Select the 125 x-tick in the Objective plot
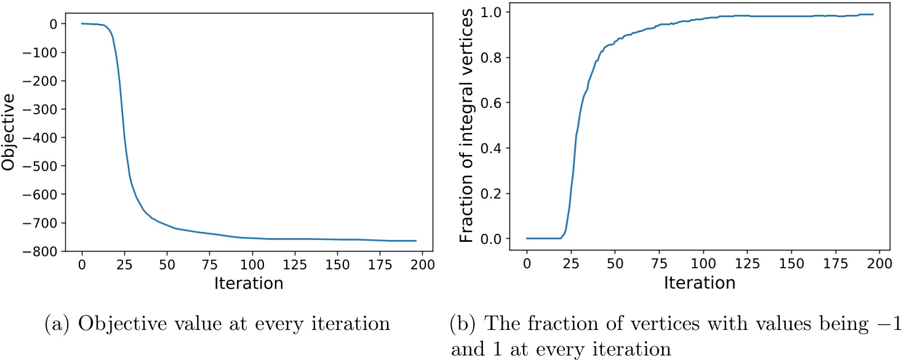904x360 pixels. point(302,265)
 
